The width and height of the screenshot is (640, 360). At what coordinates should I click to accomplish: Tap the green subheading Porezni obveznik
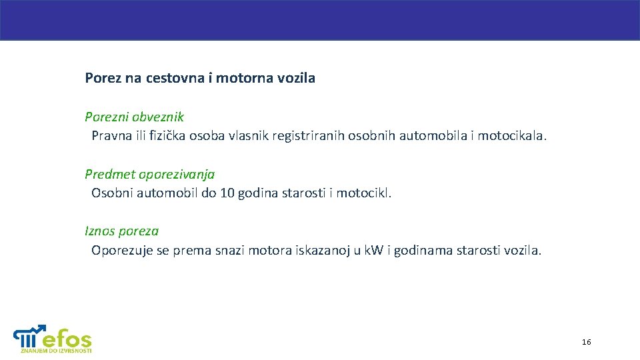tap(134, 117)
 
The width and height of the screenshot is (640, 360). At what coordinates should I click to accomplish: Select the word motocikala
tap(513, 136)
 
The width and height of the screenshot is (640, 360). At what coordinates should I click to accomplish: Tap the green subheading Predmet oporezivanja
tap(149, 174)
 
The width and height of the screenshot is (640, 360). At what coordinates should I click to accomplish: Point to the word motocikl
tap(364, 193)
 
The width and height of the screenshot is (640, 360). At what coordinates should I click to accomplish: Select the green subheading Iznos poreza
tap(121, 231)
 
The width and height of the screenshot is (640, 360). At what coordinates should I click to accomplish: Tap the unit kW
tap(373, 251)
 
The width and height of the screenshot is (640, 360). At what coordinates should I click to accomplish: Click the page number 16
tap(586, 342)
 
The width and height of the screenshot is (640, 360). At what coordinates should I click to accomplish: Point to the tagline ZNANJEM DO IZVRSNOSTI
tap(56, 351)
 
